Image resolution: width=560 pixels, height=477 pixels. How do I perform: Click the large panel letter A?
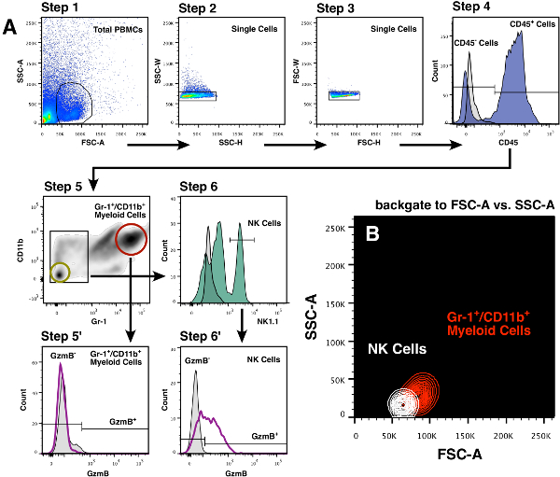click(10, 28)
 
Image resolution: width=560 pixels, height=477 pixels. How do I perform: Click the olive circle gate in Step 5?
click(59, 273)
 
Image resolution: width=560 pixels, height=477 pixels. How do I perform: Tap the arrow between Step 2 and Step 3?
click(284, 144)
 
